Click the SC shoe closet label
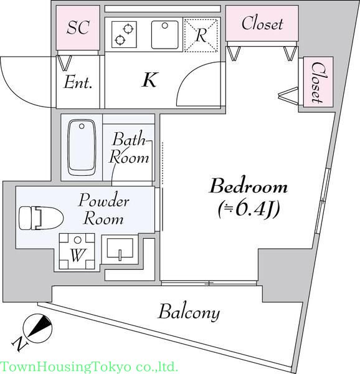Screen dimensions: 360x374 pos(78,27)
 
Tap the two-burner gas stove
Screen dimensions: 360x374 pos(124,34)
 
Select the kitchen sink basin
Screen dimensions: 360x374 pos(165,35)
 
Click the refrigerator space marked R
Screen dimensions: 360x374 pos(201,36)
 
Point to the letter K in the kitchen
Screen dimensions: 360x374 pos(149,80)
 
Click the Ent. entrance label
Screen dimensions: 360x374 pos(78,82)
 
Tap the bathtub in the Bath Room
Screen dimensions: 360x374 pos(82,148)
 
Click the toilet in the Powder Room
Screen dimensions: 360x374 pos(41,218)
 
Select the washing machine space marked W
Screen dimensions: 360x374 pos(77,251)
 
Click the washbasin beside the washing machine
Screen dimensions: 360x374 pos(120,249)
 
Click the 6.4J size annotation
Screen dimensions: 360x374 pos(249,209)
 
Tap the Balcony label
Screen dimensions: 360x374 pos(189,312)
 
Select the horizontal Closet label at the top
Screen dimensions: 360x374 pos(262,24)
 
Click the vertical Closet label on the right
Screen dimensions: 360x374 pos(318,82)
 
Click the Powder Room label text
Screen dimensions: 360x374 pos(103,209)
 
